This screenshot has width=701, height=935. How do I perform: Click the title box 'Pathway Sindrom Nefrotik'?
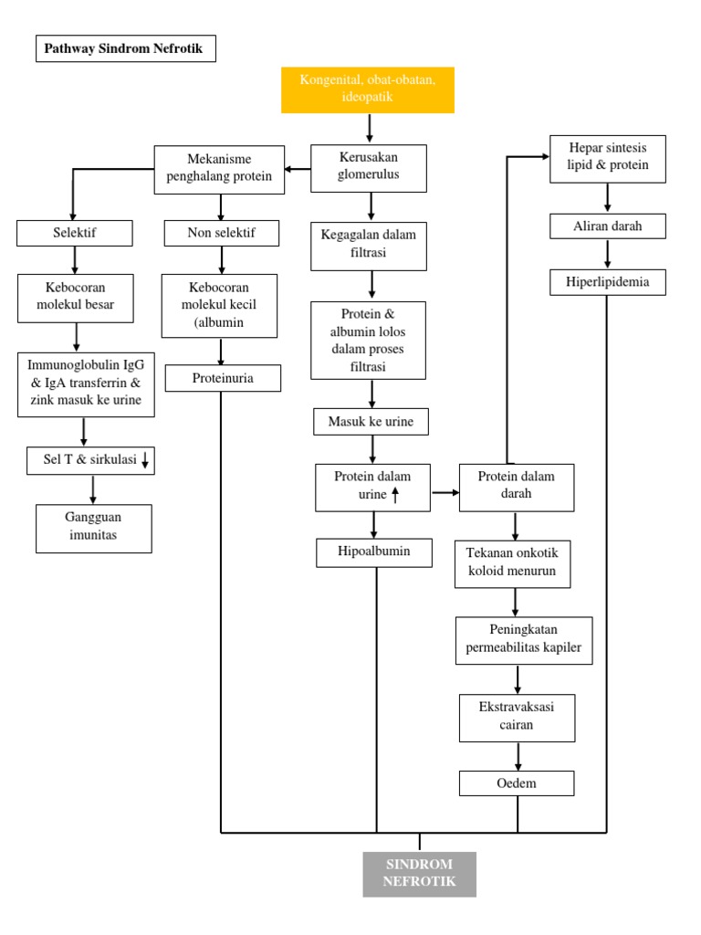click(x=126, y=48)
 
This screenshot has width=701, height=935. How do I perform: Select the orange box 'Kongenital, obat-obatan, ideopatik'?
click(x=368, y=89)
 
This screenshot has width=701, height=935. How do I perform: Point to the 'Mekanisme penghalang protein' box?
click(x=219, y=169)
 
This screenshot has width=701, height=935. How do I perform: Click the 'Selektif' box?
click(x=75, y=234)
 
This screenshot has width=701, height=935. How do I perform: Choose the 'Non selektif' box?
click(x=221, y=234)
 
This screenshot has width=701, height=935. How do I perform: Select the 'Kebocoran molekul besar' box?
click(x=75, y=297)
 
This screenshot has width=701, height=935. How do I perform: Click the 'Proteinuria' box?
click(x=223, y=378)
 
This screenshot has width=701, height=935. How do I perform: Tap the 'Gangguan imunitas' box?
click(x=94, y=528)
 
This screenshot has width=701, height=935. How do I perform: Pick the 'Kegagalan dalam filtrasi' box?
click(x=368, y=245)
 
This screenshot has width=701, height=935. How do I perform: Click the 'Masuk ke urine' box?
click(x=370, y=422)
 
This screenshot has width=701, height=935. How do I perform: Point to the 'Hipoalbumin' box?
click(x=374, y=552)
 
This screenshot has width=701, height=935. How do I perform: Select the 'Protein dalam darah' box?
click(x=516, y=487)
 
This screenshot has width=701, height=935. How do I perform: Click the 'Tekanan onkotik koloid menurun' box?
click(x=512, y=564)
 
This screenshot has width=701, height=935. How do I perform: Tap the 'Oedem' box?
click(x=517, y=783)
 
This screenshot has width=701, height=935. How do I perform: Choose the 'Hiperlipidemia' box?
click(x=607, y=282)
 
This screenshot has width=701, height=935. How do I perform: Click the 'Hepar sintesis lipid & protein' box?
click(x=608, y=158)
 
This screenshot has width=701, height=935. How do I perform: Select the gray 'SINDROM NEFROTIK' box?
click(x=419, y=873)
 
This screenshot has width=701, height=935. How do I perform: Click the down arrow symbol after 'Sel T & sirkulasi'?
click(x=145, y=462)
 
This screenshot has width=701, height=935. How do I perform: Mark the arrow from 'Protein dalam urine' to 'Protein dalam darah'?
click(x=445, y=492)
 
